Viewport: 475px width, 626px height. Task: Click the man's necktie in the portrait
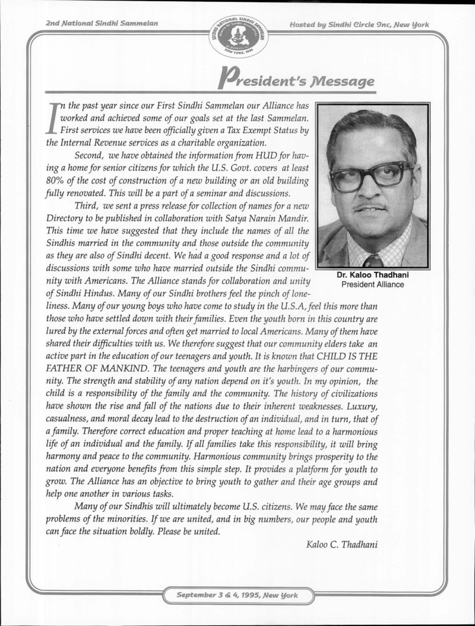[373, 260]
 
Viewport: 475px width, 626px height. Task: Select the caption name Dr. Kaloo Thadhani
[373, 276]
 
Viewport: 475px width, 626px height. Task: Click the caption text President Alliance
[373, 284]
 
